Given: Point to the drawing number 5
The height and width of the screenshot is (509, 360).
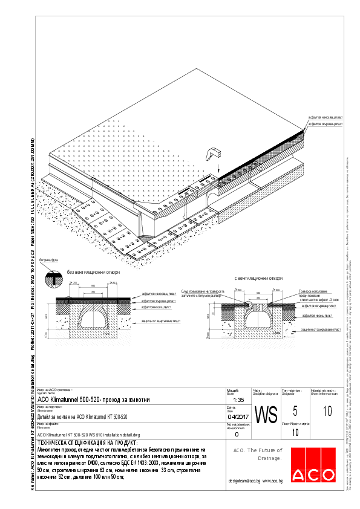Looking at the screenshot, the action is [295, 412].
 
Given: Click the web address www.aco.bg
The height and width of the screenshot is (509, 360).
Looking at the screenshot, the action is [274, 481].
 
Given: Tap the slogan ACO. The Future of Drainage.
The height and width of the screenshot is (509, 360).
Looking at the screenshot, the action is [258, 454].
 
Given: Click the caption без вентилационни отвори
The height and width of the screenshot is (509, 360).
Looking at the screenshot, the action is [93, 273].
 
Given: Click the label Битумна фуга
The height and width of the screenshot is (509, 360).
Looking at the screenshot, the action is [48, 260].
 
